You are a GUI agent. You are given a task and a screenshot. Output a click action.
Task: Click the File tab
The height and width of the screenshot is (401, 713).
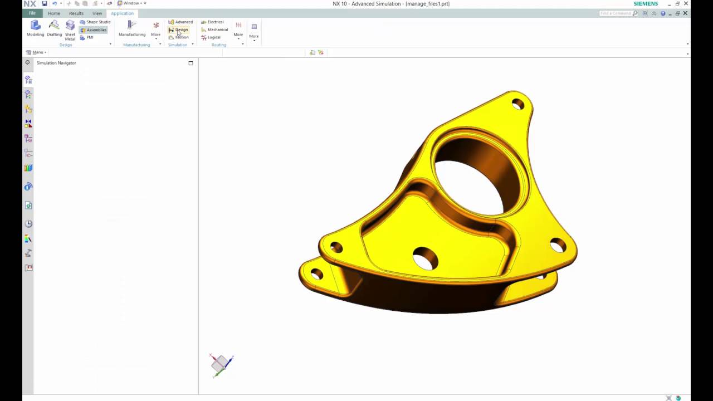coord(32,13)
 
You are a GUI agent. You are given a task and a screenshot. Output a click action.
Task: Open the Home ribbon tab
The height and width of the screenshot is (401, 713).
coord(54,13)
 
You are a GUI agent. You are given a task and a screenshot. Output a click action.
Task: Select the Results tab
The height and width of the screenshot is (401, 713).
coord(76,13)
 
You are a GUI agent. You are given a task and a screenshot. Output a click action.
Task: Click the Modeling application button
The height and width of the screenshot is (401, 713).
coord(35,28)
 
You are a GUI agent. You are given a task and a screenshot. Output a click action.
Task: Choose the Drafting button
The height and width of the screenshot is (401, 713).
coord(54,28)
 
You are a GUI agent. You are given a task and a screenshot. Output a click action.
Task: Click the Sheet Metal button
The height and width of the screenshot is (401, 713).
coord(70,30)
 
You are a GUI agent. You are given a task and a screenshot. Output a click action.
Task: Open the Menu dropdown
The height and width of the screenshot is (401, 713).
coord(37,52)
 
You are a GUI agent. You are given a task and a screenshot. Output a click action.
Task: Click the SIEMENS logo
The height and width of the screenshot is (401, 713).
coord(646,4)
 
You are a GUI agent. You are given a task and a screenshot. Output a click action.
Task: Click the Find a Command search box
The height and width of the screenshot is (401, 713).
coord(616,13)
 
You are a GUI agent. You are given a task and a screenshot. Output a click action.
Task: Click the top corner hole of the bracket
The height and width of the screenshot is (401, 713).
coord(518,104)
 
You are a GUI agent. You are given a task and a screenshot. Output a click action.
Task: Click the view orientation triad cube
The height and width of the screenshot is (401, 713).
coord(221,364)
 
